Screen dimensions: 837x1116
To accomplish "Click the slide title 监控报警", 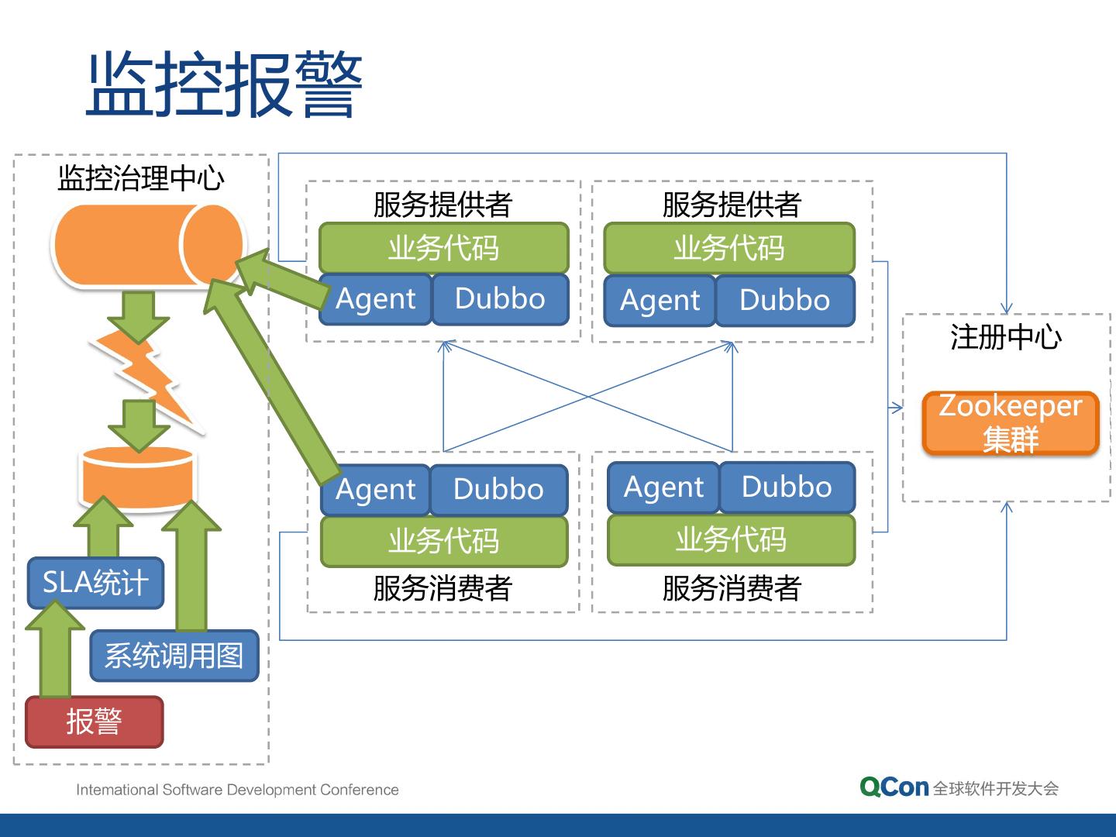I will [224, 84].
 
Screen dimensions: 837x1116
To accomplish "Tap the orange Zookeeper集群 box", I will [1011, 423].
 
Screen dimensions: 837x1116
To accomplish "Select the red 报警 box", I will [95, 722].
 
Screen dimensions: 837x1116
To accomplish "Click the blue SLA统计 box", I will [95, 583].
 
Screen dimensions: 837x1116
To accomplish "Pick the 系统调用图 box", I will [174, 656].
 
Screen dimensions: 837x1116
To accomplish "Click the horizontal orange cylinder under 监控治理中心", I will [147, 246].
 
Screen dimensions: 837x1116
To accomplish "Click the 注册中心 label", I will [1006, 337].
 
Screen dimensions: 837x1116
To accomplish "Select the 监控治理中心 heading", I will [141, 178].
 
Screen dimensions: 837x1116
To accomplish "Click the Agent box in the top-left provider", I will [376, 299].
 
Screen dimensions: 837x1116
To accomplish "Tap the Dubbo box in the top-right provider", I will [784, 300].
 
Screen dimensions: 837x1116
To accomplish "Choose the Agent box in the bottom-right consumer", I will [663, 487].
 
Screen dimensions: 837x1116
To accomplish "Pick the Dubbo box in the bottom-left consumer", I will [498, 490].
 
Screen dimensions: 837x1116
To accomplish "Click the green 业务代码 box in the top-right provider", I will [728, 248].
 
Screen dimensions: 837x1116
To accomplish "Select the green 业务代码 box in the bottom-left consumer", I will [443, 540].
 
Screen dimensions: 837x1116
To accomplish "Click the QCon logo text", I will [894, 787].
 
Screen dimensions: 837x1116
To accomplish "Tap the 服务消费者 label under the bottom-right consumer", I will [731, 588].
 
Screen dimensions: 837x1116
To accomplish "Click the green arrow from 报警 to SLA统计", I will [54, 651].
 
